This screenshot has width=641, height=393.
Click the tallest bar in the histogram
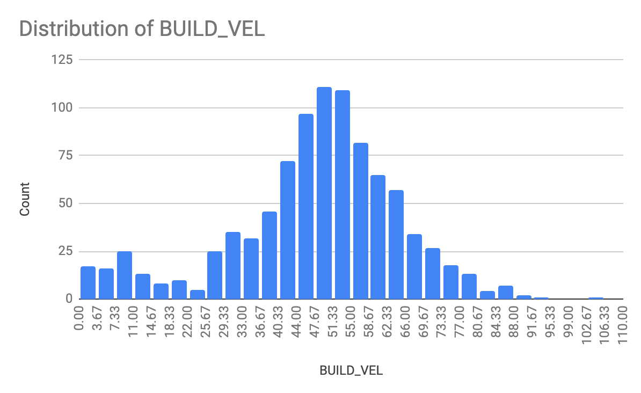tap(324, 193)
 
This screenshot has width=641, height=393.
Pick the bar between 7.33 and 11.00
tap(125, 275)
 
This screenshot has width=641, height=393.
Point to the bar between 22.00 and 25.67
tap(197, 294)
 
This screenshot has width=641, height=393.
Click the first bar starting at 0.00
tap(88, 283)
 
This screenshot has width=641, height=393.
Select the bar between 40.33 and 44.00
tap(288, 230)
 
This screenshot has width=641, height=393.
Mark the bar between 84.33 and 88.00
tap(505, 293)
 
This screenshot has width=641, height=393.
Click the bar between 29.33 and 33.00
tap(233, 266)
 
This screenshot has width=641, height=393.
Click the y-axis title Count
tap(25, 199)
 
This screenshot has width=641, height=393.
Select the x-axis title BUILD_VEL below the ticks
tap(351, 371)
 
